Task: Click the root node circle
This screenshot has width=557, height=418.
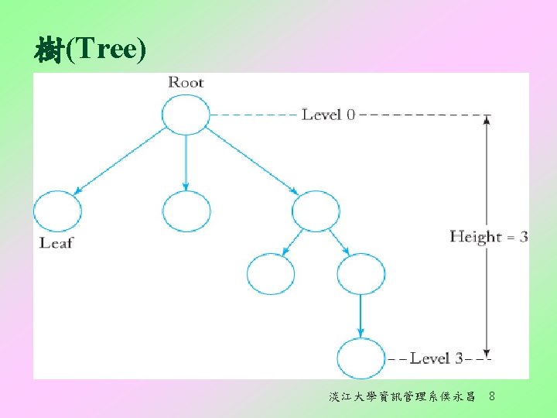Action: [186, 114]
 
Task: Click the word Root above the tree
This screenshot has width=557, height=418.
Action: [186, 82]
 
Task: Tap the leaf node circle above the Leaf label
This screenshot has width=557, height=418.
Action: [57, 211]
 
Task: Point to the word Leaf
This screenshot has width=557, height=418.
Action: [56, 243]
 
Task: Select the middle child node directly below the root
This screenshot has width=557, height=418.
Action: [186, 211]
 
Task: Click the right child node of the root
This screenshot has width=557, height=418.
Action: [316, 211]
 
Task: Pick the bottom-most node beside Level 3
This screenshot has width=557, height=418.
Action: [361, 358]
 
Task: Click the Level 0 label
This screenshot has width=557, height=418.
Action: [328, 115]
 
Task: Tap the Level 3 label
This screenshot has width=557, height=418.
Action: [436, 358]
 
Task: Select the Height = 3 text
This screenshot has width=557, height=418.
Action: [488, 237]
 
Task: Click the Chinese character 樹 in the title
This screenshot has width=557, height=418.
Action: [49, 50]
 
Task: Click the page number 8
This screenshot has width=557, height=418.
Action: [493, 397]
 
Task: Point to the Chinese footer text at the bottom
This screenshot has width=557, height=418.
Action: [402, 397]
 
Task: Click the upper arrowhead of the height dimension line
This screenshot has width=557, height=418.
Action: [486, 120]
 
